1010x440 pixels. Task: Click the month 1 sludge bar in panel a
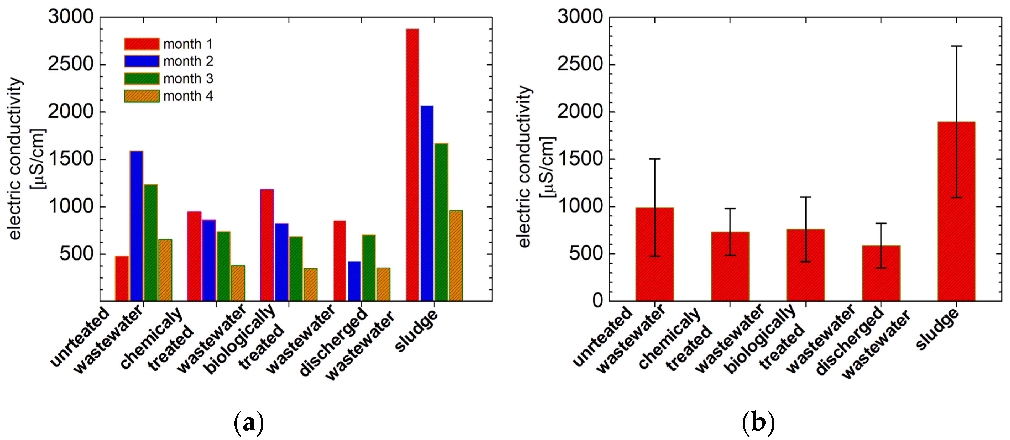(412, 164)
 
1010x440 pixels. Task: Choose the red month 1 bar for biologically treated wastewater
(267, 245)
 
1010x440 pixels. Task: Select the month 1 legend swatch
(142, 44)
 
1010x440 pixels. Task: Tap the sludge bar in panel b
(956, 212)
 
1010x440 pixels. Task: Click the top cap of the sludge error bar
(956, 46)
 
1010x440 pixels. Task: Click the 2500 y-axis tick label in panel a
(71, 64)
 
